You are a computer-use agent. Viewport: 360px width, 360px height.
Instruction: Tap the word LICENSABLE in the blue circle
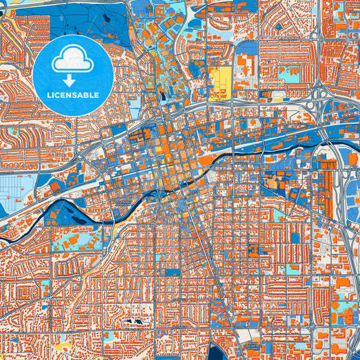click(72, 95)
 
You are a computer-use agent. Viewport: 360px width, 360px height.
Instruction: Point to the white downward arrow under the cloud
click(72, 76)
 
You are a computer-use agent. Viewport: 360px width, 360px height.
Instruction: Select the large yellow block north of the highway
click(219, 84)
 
